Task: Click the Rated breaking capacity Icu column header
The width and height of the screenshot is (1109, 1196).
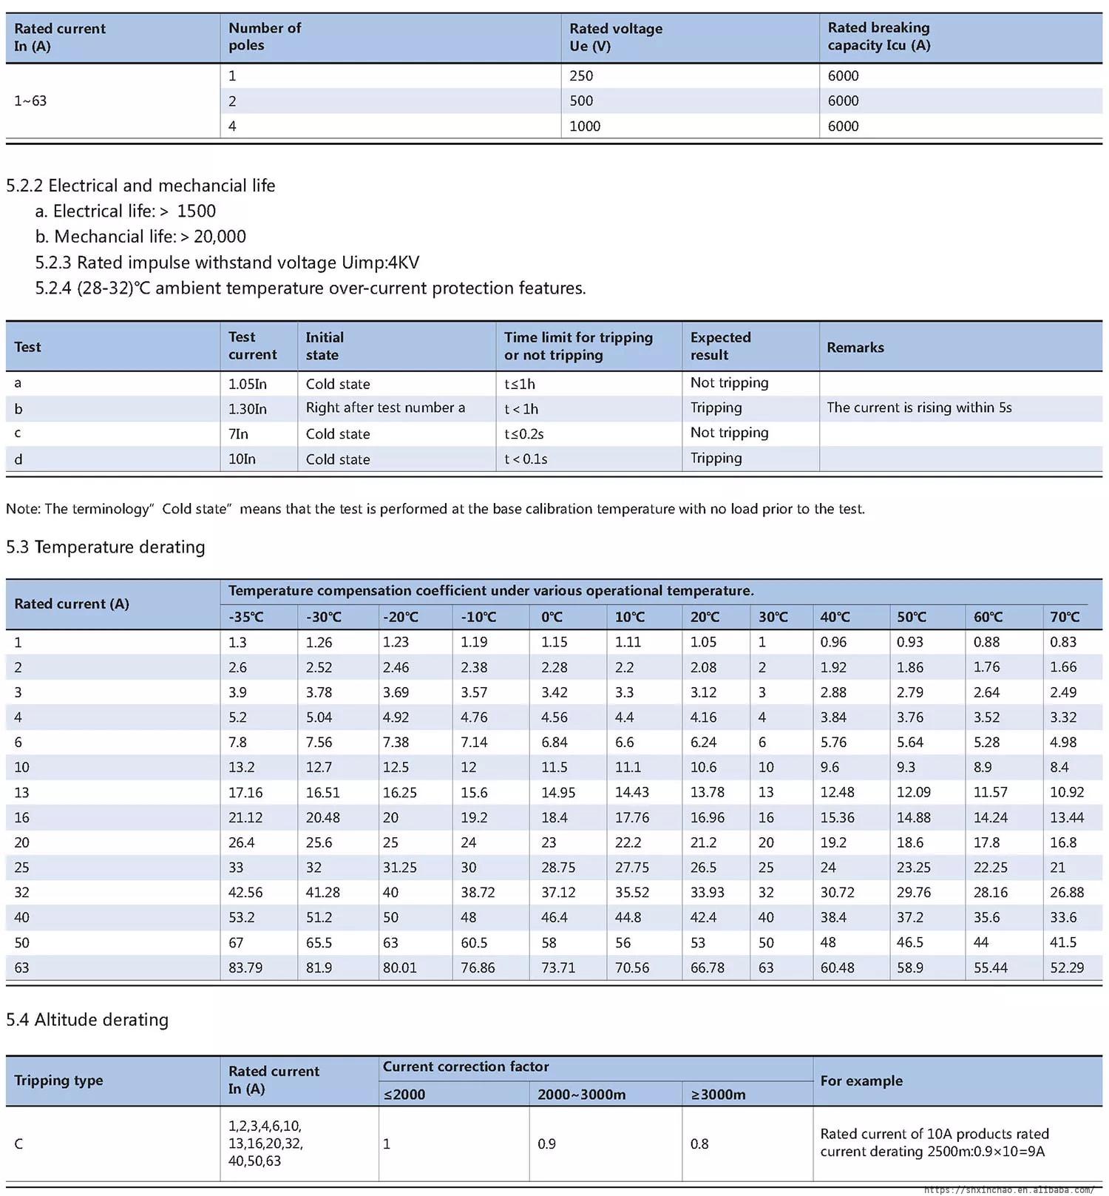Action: tap(878, 37)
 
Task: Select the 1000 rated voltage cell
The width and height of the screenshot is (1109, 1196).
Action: tap(585, 126)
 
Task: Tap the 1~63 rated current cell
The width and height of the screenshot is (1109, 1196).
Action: tap(30, 101)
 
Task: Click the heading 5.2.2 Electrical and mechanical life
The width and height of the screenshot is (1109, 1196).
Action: tap(140, 186)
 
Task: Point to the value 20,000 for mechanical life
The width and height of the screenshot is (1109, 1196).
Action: tap(220, 237)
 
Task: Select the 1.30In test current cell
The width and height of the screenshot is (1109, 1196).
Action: tap(248, 409)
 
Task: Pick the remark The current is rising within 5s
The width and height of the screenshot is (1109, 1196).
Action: tap(919, 408)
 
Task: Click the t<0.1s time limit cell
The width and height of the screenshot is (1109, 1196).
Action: tap(526, 459)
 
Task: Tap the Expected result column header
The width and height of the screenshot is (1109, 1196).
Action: tap(720, 346)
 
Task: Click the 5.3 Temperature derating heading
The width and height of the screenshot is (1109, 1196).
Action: tap(106, 547)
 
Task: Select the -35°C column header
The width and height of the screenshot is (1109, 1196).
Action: tap(246, 617)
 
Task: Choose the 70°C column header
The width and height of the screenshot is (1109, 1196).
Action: tap(1065, 617)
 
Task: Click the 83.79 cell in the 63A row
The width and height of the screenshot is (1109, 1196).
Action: tap(245, 967)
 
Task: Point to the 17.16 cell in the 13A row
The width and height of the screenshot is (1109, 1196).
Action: tap(245, 792)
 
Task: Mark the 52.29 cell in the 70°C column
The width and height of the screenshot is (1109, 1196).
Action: tap(1067, 967)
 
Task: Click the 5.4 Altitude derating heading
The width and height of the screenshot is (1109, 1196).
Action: tap(87, 1020)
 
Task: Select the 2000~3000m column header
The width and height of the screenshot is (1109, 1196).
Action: tap(581, 1095)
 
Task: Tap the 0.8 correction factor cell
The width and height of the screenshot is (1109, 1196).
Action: tap(699, 1144)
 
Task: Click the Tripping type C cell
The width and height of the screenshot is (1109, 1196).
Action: tap(18, 1144)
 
